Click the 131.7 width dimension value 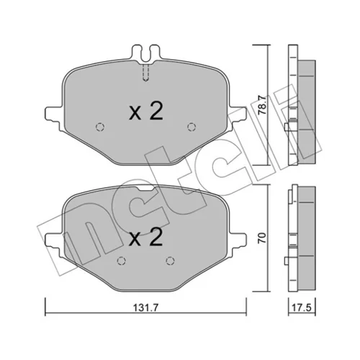coord(145,307)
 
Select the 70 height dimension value coord(262,238)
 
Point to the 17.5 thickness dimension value coord(302,307)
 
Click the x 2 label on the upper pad coord(146,111)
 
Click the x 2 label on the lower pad coord(146,237)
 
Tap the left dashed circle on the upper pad coord(100,127)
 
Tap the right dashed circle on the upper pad coord(192,127)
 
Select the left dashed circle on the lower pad coord(122,261)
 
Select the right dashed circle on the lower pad coord(170,261)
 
